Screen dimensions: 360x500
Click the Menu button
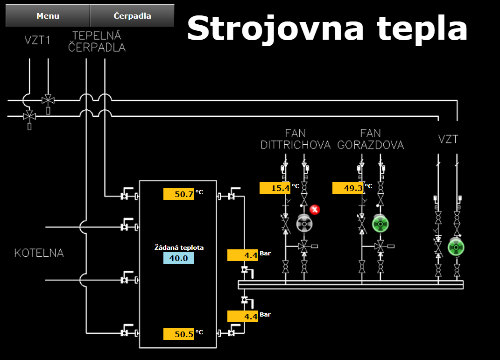48,16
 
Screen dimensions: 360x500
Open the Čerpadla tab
132,16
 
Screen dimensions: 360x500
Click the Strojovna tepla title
327,28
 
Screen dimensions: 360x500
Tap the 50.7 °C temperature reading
179,194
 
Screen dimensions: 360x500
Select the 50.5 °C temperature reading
179,334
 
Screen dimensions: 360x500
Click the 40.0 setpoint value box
178,258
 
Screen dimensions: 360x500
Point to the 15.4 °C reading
275,188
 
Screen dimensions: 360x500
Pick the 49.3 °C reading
348,188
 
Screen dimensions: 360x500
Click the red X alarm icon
315,209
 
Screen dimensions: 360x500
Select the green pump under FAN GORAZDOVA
380,224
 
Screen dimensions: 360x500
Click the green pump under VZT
456,247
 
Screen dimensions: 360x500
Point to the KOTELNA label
39,253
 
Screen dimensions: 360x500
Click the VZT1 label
37,40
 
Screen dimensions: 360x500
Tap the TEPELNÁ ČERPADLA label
97,41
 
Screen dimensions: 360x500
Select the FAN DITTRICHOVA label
295,139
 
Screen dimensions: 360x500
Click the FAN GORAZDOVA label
370,139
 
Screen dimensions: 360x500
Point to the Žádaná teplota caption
179,247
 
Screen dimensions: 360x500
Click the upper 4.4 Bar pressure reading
243,255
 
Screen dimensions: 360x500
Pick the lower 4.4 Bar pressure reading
243,316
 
